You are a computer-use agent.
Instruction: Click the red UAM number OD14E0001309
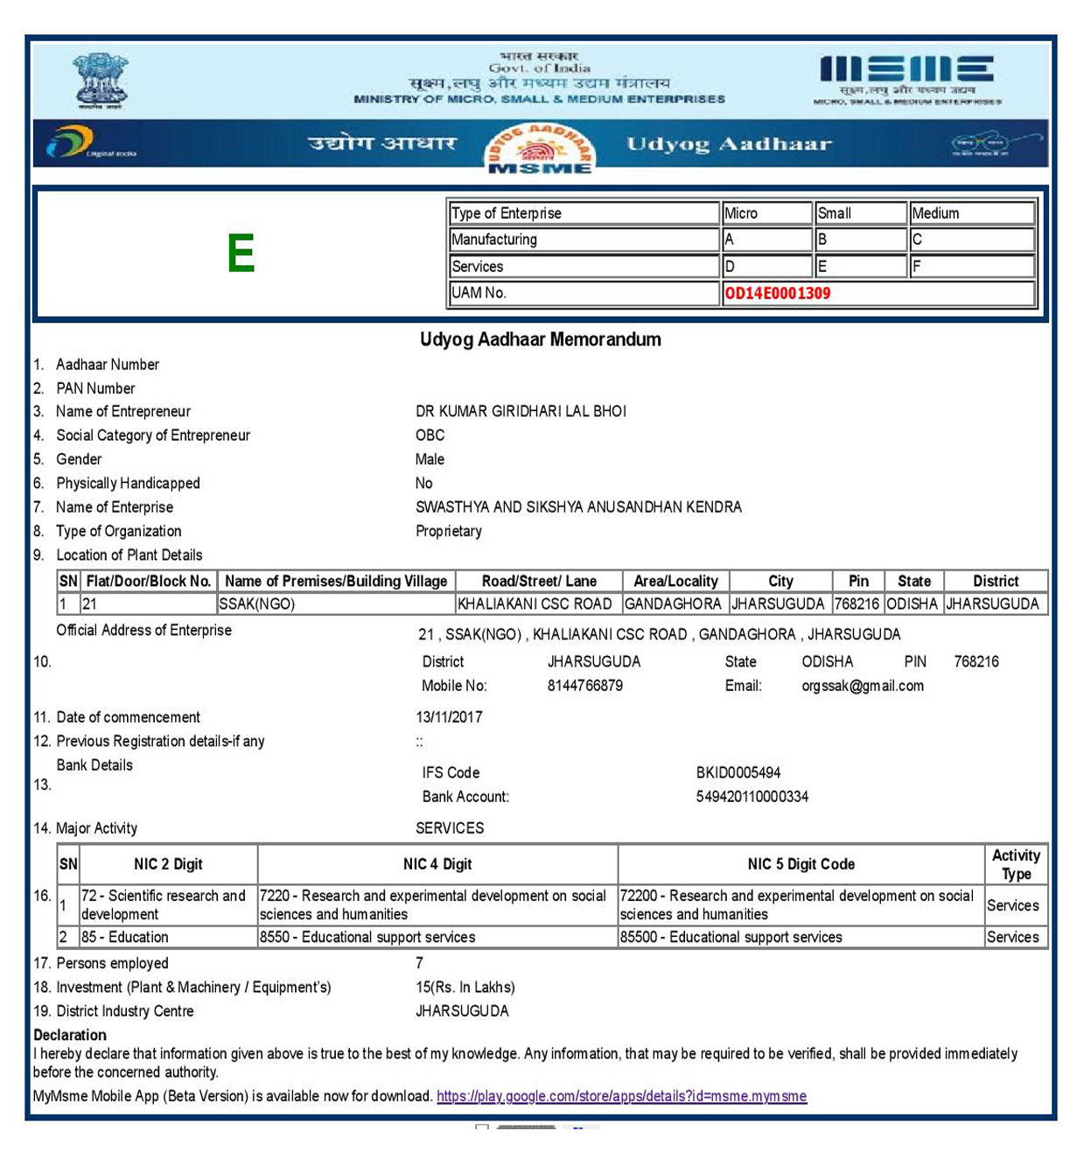(777, 294)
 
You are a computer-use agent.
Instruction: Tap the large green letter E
(241, 254)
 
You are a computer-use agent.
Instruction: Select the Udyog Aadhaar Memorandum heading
(540, 339)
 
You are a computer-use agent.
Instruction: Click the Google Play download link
(621, 1096)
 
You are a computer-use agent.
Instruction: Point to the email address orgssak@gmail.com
(862, 686)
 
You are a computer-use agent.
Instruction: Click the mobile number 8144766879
(584, 686)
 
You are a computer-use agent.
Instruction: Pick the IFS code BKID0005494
(738, 772)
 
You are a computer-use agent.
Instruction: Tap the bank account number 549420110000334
(752, 797)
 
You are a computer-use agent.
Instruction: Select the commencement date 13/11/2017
(449, 717)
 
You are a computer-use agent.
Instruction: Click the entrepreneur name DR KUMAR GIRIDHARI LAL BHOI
(521, 411)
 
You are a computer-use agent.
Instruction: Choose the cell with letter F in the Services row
(971, 267)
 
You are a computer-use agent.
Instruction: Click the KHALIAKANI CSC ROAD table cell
(535, 604)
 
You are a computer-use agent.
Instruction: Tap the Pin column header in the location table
(858, 581)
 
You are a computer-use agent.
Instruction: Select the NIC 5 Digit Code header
(801, 864)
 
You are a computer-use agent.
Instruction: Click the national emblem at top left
(101, 80)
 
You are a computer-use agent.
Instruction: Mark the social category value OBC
(430, 436)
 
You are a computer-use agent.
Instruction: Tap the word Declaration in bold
(70, 1035)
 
